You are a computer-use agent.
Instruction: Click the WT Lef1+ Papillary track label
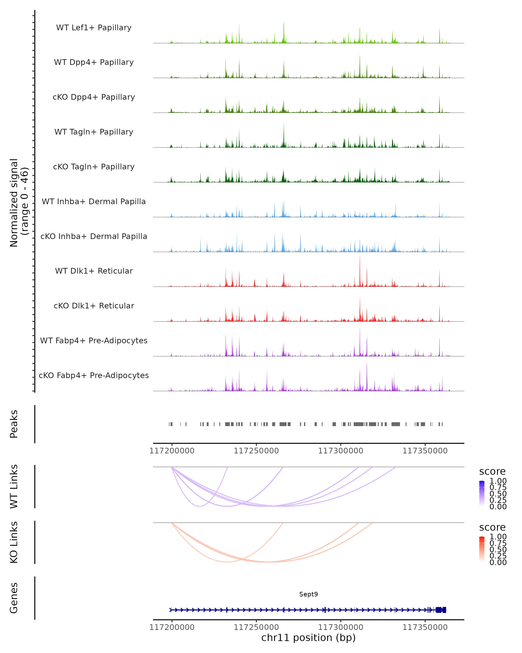point(94,28)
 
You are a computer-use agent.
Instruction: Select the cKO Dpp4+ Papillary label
point(94,97)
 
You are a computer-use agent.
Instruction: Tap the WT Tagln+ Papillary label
point(94,132)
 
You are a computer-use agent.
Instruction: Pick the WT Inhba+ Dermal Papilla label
point(94,202)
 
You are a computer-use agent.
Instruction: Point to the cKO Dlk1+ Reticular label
point(94,306)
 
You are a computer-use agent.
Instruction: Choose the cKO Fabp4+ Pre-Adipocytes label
point(94,375)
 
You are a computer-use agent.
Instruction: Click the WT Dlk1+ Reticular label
point(94,271)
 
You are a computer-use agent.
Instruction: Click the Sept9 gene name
point(308,594)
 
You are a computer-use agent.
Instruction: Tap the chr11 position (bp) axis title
point(308,638)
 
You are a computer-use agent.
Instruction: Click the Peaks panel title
point(14,424)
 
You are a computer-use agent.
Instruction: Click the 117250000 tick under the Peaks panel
point(256,451)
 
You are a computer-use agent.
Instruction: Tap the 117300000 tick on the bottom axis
point(341,627)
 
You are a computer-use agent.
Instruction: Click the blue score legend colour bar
point(482,493)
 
